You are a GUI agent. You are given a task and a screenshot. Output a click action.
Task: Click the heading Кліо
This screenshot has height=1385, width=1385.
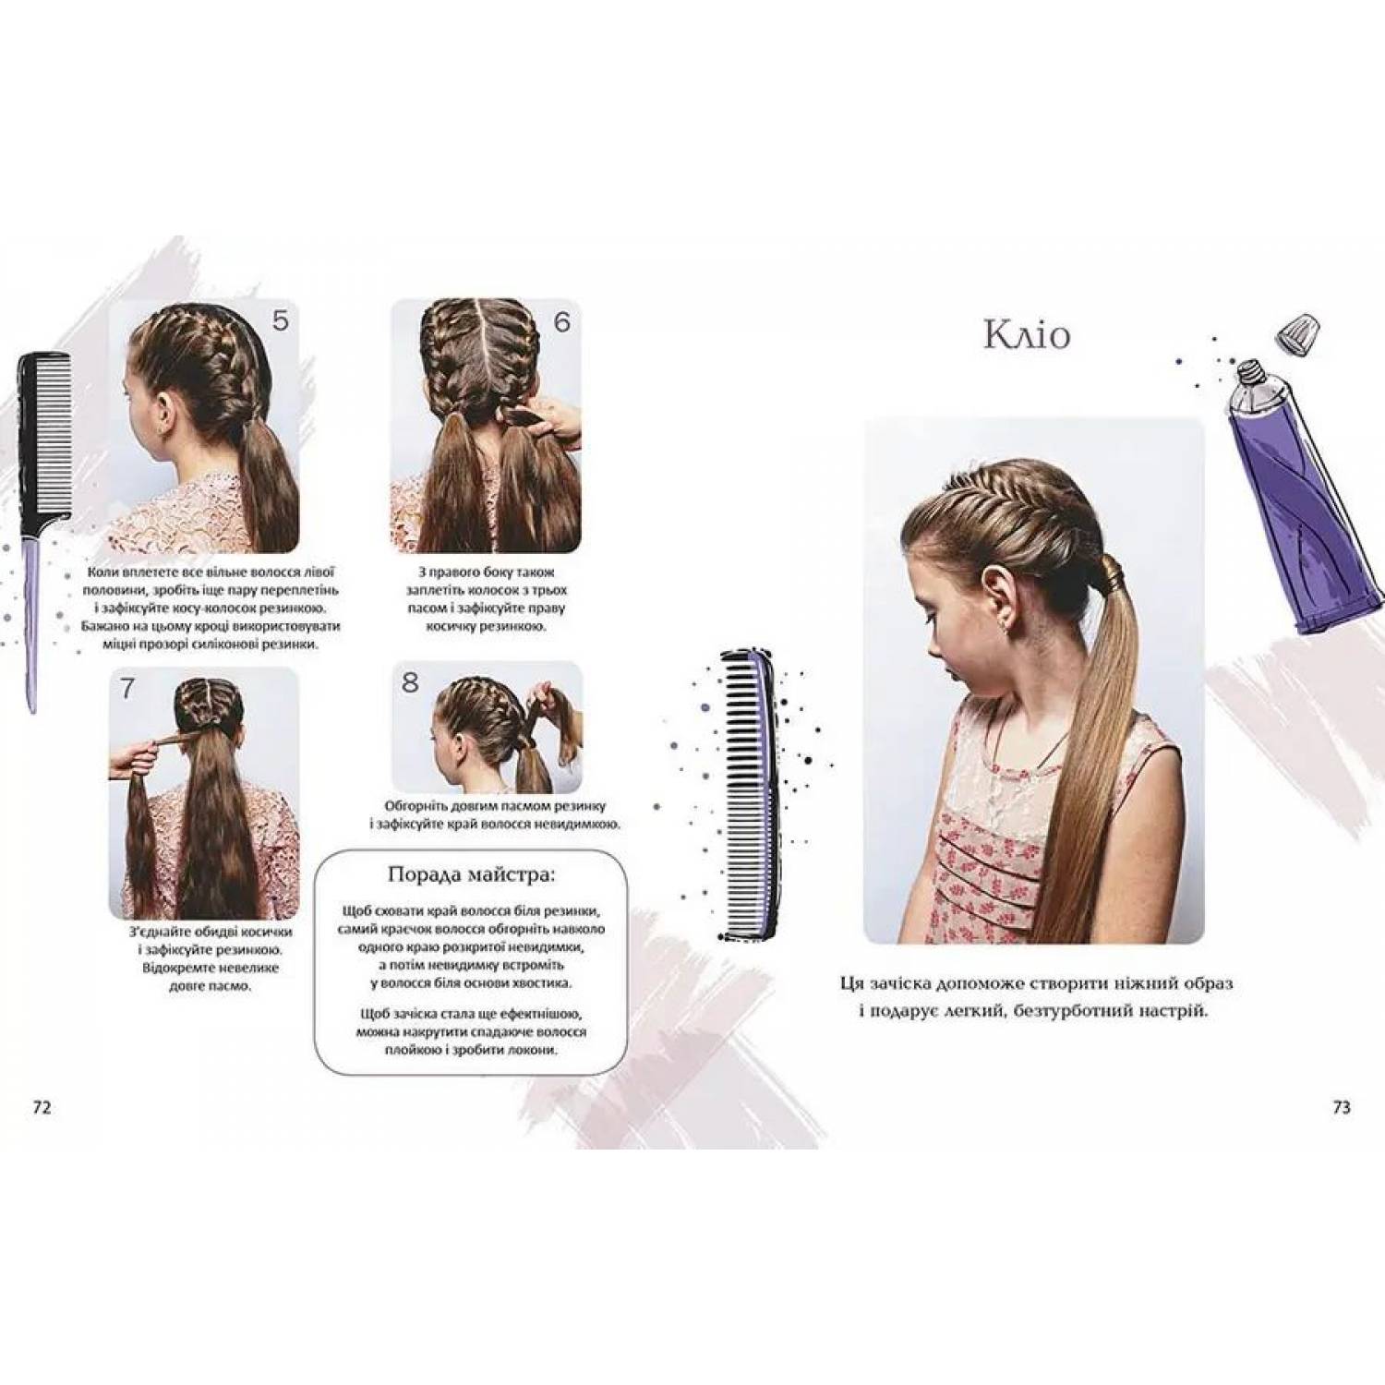tap(1027, 334)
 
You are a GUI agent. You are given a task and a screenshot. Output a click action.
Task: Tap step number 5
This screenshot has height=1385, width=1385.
tap(281, 320)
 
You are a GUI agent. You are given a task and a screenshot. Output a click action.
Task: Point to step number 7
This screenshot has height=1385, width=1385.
tap(127, 688)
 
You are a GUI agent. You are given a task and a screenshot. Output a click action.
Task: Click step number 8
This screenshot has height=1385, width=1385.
tap(410, 682)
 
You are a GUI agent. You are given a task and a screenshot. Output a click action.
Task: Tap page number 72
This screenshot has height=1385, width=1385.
tap(42, 1107)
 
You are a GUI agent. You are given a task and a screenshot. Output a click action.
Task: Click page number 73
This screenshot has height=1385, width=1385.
tap(1342, 1107)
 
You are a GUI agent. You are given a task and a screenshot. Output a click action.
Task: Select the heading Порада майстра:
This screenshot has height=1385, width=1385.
tap(471, 873)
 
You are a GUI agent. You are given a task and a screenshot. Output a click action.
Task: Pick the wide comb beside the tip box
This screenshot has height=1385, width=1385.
tap(750, 794)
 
